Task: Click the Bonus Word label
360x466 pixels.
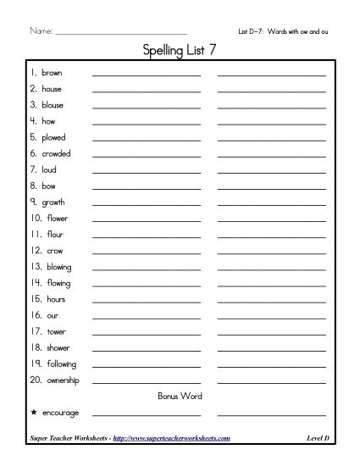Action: click(180, 396)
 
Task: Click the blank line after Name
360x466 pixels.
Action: click(119, 33)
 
